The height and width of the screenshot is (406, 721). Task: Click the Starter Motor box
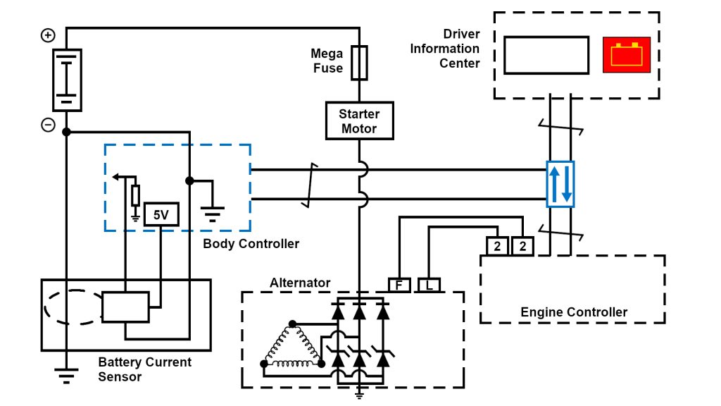359,121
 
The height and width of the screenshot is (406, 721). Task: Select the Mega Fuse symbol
359,62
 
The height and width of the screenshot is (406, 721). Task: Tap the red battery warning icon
626,55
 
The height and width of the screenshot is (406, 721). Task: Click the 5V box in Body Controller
161,214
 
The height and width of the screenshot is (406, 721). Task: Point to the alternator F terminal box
399,285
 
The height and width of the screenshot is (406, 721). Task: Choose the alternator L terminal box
429,285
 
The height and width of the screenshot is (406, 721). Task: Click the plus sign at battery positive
48,35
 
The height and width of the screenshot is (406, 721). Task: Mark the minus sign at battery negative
48,125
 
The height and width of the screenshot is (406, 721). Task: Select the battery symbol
67,80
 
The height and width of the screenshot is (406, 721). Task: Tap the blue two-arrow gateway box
560,184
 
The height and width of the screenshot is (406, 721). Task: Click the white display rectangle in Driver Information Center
546,55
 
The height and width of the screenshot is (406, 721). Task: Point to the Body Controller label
251,244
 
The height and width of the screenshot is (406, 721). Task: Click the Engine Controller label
574,312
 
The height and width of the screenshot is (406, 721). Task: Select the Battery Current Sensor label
144,369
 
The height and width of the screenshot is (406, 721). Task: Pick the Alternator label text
300,283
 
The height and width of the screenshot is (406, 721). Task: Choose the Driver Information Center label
445,49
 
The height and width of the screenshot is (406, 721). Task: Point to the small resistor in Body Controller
135,195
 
